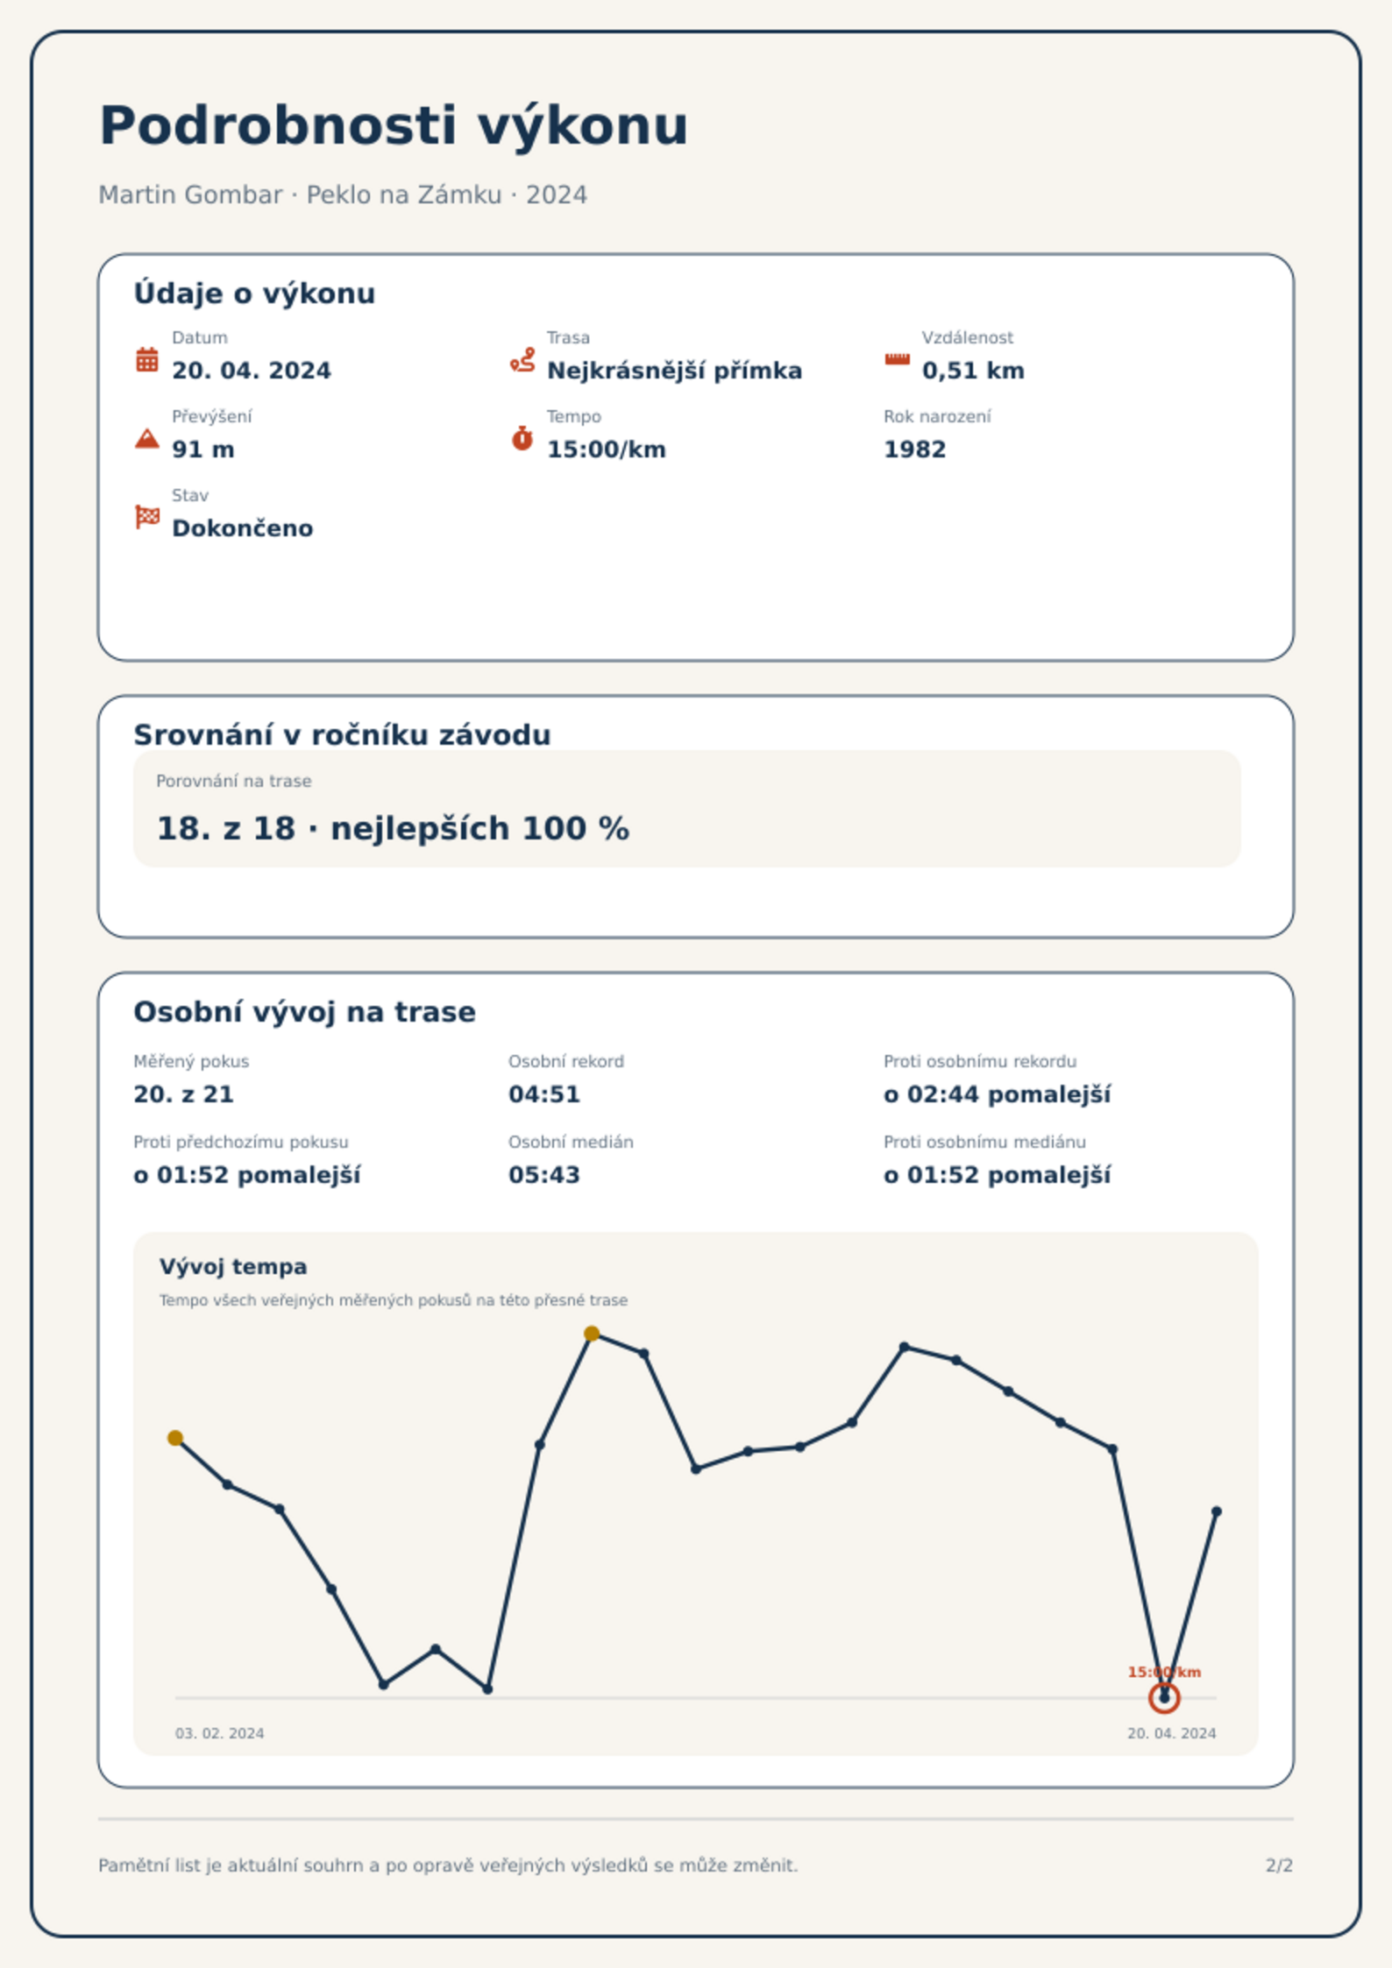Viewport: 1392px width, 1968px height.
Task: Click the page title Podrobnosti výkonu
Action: point(394,126)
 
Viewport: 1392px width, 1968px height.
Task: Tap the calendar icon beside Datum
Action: point(147,359)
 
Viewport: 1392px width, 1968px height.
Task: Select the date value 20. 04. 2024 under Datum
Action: point(252,371)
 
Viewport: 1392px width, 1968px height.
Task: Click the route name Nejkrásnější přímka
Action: point(674,371)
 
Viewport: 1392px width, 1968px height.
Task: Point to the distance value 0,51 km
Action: point(973,371)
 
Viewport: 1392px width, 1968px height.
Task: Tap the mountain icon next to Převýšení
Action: point(147,438)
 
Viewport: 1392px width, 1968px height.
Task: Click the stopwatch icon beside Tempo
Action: point(522,438)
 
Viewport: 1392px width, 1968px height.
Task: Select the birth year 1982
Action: point(914,450)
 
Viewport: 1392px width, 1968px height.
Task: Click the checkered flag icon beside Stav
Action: point(147,517)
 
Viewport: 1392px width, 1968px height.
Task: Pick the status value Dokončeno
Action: point(242,528)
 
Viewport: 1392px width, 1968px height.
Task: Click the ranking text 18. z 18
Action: point(225,828)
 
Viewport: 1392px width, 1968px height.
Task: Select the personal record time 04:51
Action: point(544,1094)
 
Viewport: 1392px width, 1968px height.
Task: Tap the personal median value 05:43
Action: point(544,1175)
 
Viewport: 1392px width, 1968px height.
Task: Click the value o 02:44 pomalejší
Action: point(997,1094)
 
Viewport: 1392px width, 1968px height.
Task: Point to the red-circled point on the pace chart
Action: point(1164,1698)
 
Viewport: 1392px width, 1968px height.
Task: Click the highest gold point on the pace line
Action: point(592,1334)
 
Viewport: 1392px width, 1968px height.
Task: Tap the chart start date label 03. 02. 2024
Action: point(219,1733)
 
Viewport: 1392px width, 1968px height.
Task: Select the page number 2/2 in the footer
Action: point(1279,1865)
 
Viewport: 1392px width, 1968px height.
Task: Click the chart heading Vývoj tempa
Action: point(233,1267)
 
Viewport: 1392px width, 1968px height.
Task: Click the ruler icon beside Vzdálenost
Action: point(897,359)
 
